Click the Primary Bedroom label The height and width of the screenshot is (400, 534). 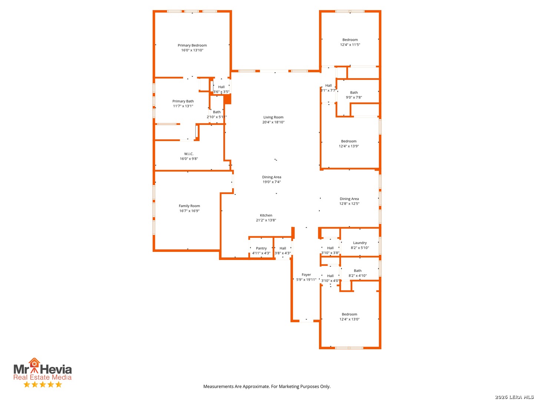point(192,45)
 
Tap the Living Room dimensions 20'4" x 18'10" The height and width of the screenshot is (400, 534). point(273,122)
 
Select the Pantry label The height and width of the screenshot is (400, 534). point(261,248)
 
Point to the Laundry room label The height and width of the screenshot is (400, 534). point(360,243)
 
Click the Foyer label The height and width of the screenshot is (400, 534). point(306,275)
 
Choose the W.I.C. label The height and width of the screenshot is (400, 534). point(188,154)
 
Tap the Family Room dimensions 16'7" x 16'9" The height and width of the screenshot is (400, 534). point(189,211)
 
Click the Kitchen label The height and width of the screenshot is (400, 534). point(266,215)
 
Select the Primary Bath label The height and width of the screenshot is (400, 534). point(183,101)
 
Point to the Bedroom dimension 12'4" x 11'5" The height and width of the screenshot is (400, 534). point(350,45)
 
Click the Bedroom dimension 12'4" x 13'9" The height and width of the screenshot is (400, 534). point(349,146)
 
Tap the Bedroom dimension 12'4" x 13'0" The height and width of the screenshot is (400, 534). point(349,319)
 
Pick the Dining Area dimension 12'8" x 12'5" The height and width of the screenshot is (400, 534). point(349,204)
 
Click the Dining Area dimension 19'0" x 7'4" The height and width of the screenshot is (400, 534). point(271,182)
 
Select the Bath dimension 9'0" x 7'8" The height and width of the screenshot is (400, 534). point(354,97)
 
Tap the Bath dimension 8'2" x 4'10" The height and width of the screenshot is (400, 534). point(357,276)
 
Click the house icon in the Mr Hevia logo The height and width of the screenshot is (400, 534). point(34,363)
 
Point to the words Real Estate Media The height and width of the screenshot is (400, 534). point(42,377)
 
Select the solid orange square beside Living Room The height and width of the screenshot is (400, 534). point(227,99)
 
